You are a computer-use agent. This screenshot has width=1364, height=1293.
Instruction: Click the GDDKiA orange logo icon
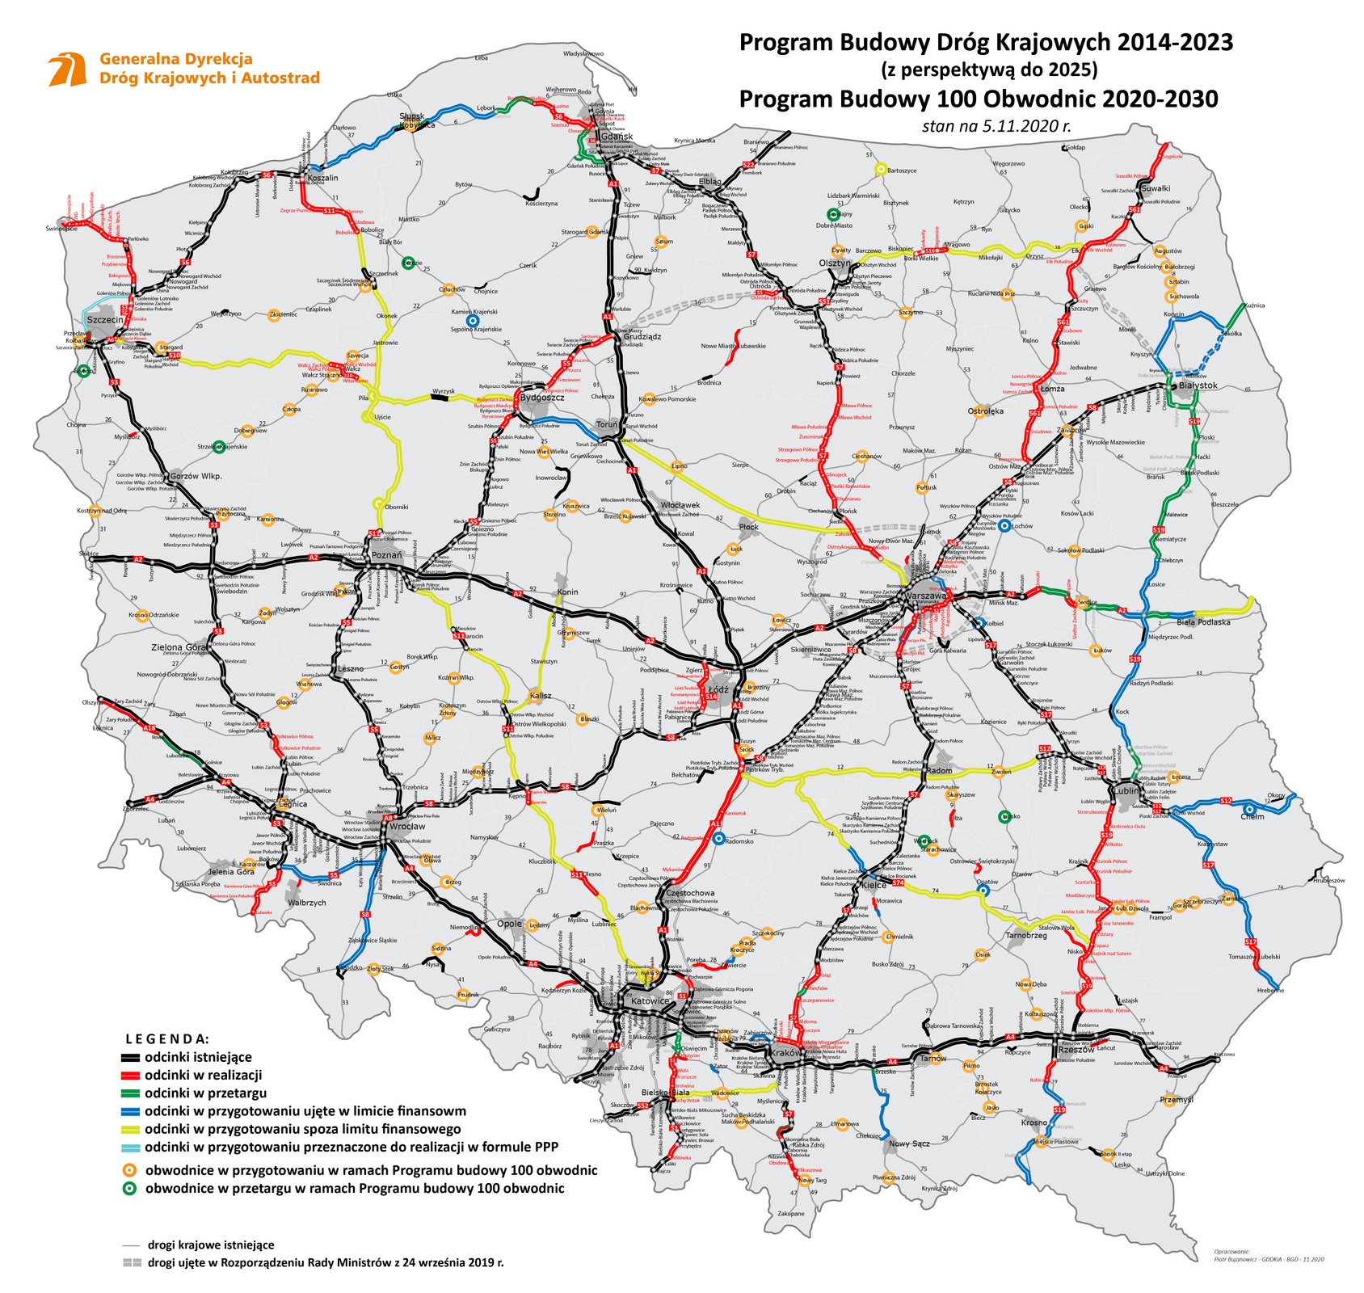pos(67,70)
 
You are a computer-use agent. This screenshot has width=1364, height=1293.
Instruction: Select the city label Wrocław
pos(407,827)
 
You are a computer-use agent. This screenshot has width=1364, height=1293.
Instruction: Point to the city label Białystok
pos(1198,385)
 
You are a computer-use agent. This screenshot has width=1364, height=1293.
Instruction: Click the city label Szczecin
pos(105,320)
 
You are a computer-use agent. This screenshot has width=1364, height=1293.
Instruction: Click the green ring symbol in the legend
pos(129,1188)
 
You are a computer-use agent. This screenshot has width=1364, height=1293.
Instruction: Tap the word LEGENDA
pos(167,1038)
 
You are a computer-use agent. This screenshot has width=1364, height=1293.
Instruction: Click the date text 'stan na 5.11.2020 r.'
pos(996,126)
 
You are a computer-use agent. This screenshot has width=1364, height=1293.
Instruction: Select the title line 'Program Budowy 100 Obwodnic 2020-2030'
pos(979,99)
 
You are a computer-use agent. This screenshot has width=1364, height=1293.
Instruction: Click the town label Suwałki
pos(1155,188)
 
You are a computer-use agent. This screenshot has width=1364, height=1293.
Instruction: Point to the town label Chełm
pos(1252,817)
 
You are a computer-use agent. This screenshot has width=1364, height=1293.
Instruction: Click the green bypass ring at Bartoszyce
pos(881,170)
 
